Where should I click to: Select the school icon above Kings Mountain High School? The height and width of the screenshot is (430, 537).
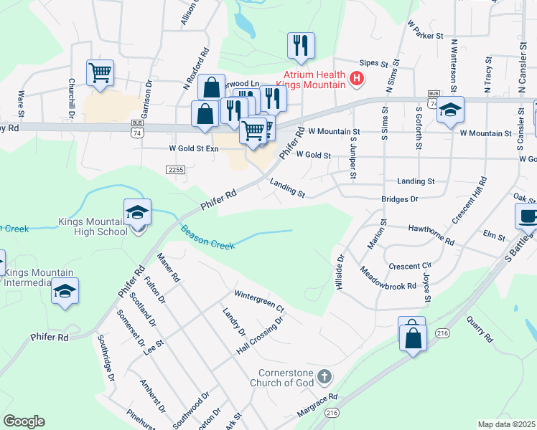pyautogui.click(x=137, y=213)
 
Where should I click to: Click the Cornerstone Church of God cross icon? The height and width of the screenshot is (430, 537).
pyautogui.click(x=324, y=376)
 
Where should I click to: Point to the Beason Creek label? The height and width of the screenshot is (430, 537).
pyautogui.click(x=207, y=238)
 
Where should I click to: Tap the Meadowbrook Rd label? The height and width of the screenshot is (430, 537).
pyautogui.click(x=388, y=279)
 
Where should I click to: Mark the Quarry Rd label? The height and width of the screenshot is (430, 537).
pyautogui.click(x=480, y=328)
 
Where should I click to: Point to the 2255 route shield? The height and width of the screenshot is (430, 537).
pyautogui.click(x=175, y=170)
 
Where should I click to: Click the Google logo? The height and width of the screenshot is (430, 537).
pyautogui.click(x=24, y=421)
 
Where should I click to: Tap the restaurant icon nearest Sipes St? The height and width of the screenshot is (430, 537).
pyautogui.click(x=301, y=46)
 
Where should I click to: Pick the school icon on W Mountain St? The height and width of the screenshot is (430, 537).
pyautogui.click(x=450, y=110)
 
